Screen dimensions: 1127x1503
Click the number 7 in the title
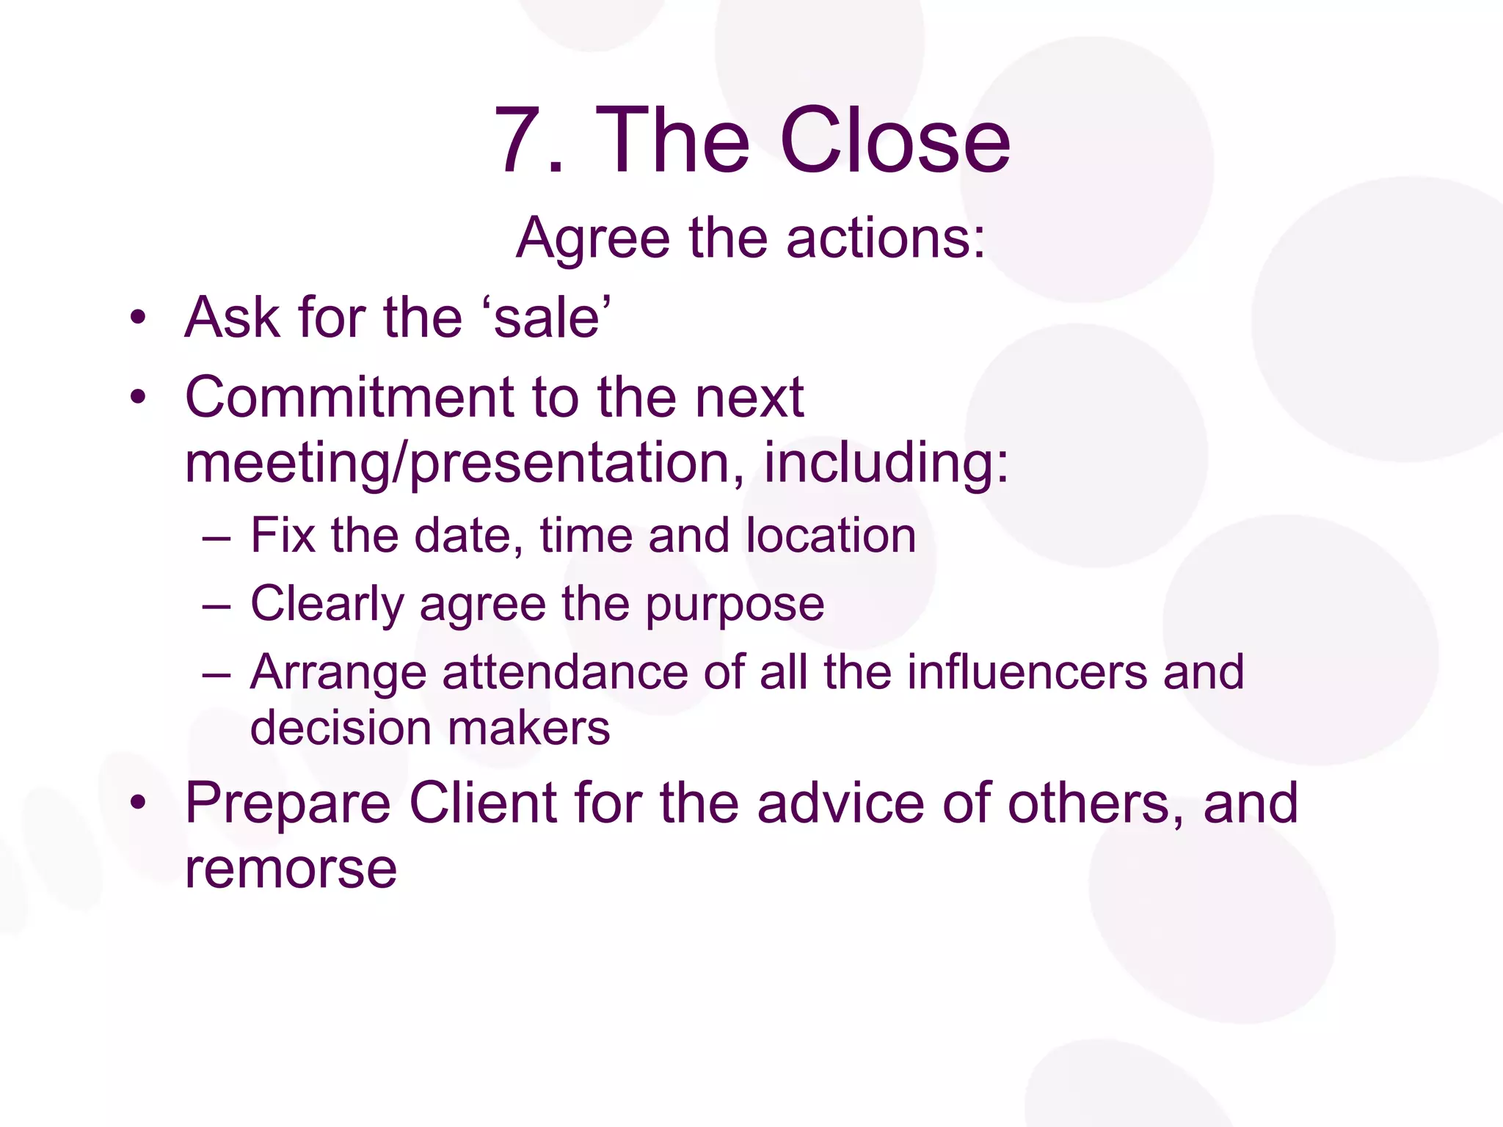tap(520, 140)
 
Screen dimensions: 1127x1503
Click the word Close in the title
tap(895, 140)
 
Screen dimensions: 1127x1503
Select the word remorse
tap(291, 869)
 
